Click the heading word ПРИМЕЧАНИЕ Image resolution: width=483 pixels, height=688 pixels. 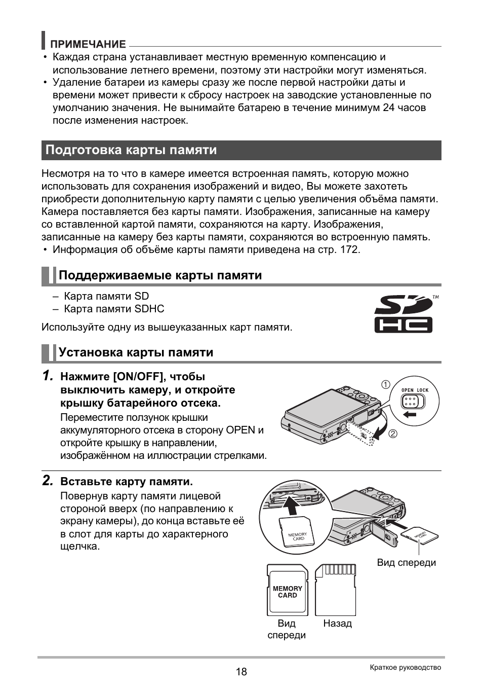[x=91, y=44]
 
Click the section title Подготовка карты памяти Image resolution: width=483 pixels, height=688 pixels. [x=131, y=150]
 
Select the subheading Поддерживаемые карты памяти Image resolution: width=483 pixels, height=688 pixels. [x=160, y=275]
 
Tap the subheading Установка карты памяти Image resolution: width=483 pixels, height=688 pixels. [x=136, y=352]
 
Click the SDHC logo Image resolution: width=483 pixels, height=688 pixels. [x=404, y=314]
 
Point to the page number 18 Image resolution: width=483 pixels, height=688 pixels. [x=241, y=672]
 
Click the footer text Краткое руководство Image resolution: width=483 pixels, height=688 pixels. [x=405, y=667]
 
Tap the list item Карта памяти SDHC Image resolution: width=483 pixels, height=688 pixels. [x=114, y=309]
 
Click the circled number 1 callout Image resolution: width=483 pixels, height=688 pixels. [x=386, y=385]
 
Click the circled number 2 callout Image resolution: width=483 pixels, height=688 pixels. [x=393, y=434]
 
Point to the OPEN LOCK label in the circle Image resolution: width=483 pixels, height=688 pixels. [x=415, y=390]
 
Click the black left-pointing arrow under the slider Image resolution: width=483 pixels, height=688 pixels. [x=410, y=414]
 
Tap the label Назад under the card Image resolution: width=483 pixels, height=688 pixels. [x=337, y=624]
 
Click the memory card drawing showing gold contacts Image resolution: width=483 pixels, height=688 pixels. [x=335, y=590]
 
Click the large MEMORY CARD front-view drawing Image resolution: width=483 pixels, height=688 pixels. [x=287, y=590]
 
